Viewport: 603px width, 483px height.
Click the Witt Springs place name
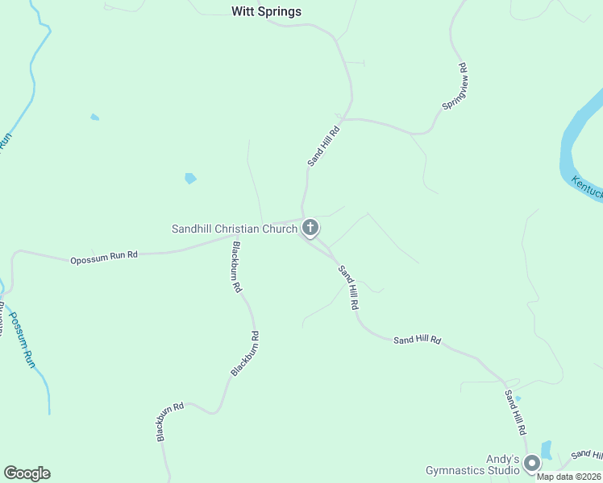[x=266, y=11]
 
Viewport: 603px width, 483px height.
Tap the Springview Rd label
[x=455, y=87]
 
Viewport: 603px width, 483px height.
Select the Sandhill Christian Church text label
[x=235, y=229]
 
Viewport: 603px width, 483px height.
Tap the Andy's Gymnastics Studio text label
[x=473, y=464]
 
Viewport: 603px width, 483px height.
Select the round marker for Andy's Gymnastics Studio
[x=531, y=464]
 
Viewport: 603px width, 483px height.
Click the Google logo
[x=27, y=473]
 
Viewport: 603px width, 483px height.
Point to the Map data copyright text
[x=569, y=476]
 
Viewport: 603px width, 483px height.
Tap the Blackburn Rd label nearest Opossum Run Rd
[x=236, y=266]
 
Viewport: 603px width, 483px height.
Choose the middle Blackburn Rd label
[x=245, y=353]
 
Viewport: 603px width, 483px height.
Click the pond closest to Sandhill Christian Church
[x=190, y=178]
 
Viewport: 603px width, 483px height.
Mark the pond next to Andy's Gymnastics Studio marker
[x=547, y=450]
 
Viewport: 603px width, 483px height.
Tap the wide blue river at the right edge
[x=576, y=137]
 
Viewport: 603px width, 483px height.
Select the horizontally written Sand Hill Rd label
[x=417, y=341]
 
